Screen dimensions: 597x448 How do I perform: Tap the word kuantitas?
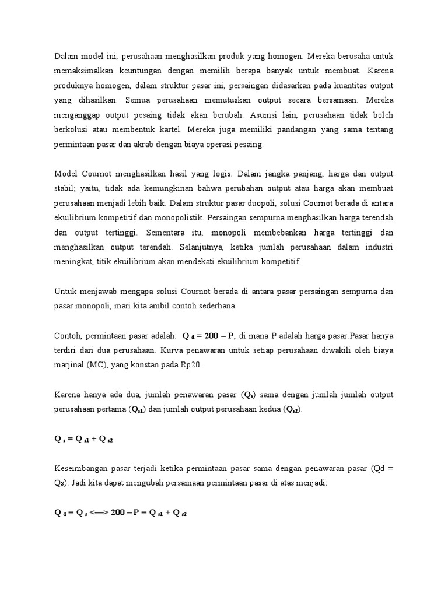(x=342, y=85)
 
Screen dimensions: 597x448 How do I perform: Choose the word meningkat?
(x=74, y=261)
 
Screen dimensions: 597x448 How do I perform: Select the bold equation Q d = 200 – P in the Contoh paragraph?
(x=208, y=336)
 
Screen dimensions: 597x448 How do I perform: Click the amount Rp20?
(x=191, y=366)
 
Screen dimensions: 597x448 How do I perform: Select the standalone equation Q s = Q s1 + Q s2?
(x=83, y=439)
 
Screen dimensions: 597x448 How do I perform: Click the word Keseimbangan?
(x=82, y=469)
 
